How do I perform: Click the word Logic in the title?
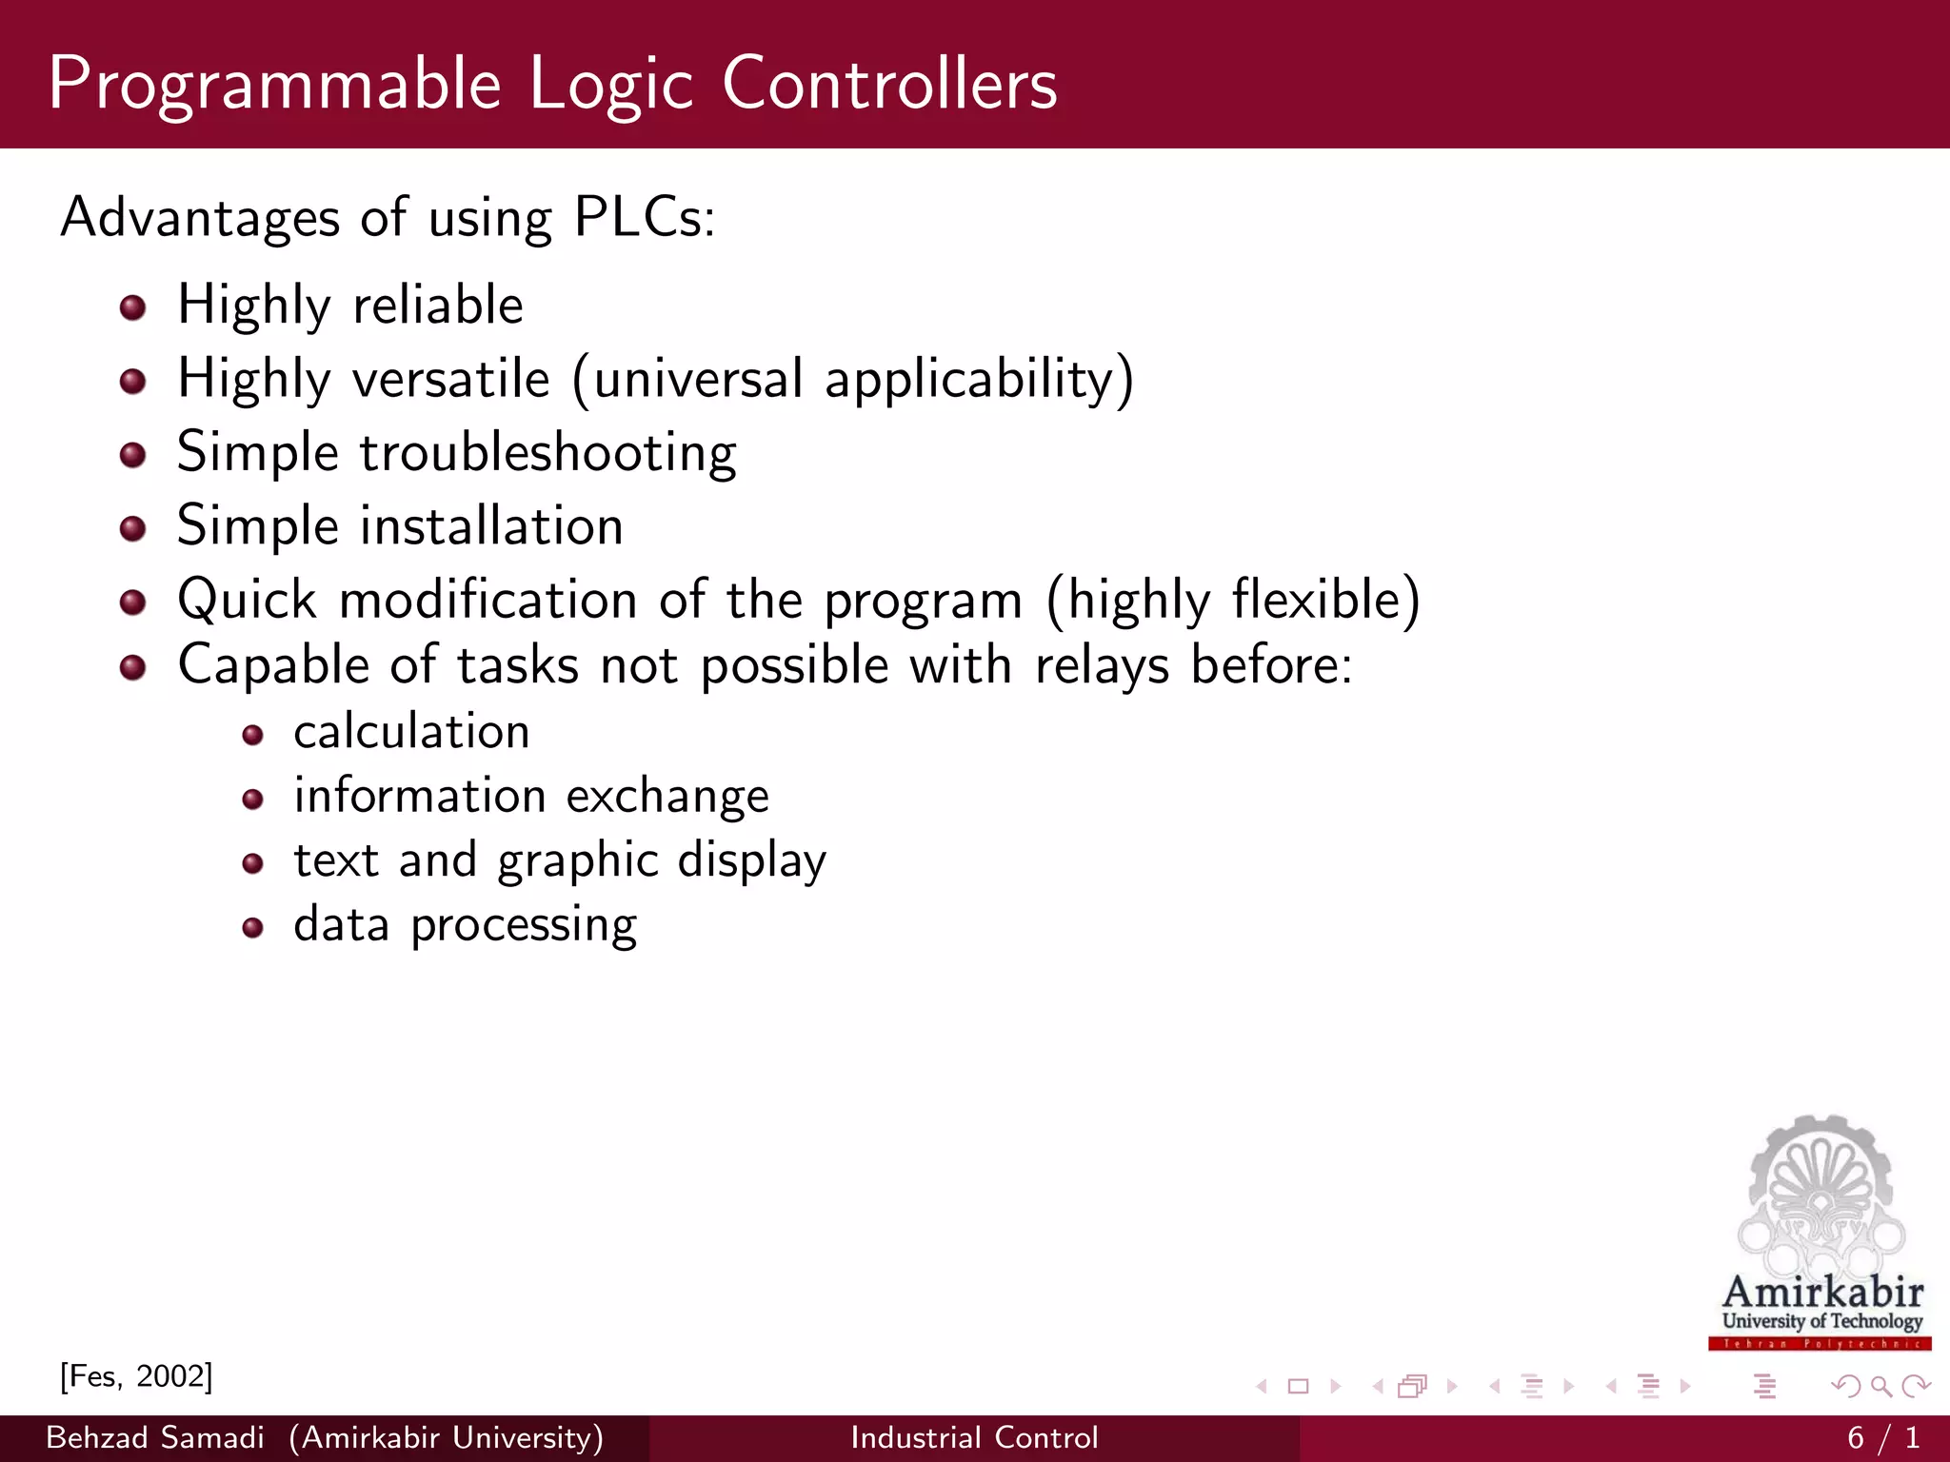pyautogui.click(x=609, y=86)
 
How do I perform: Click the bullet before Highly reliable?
pyautogui.click(x=133, y=307)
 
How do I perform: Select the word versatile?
pyautogui.click(x=451, y=379)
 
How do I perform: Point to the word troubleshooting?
pyautogui.click(x=547, y=453)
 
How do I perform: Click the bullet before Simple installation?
pyautogui.click(x=133, y=528)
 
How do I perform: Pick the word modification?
pyautogui.click(x=487, y=601)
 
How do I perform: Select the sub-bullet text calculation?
pyautogui.click(x=411, y=732)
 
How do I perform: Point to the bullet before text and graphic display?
pyautogui.click(x=252, y=863)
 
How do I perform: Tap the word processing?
pyautogui.click(x=524, y=925)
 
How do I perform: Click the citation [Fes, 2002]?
pyautogui.click(x=136, y=1376)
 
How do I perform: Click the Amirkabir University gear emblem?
pyautogui.click(x=1821, y=1195)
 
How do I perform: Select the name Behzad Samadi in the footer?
pyautogui.click(x=155, y=1437)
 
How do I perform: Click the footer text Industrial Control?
pyautogui.click(x=974, y=1437)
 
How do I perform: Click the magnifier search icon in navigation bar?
pyautogui.click(x=1880, y=1386)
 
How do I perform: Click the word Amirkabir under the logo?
pyautogui.click(x=1822, y=1292)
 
